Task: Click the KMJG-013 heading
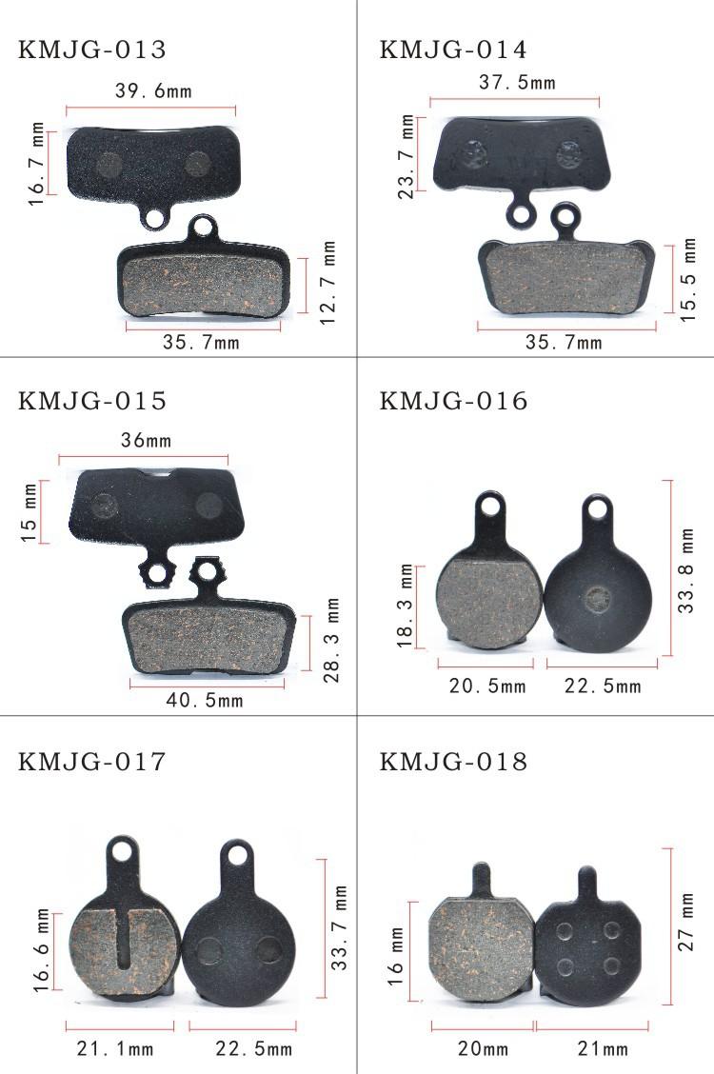91,50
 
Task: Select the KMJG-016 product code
453,401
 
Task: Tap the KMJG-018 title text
453,761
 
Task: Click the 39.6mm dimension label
153,91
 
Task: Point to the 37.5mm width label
517,82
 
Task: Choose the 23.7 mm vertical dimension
407,157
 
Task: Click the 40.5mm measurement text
205,700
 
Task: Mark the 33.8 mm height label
685,570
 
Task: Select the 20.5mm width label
487,686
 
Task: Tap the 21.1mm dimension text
115,1048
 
